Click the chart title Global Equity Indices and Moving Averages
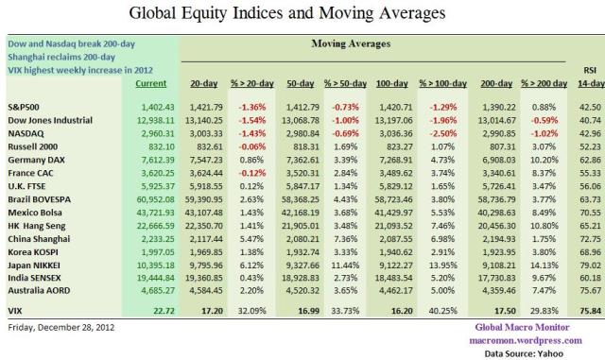click(x=302, y=14)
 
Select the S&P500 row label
click(x=24, y=110)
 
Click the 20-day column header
click(x=206, y=85)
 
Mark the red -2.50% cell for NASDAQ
click(x=436, y=136)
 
